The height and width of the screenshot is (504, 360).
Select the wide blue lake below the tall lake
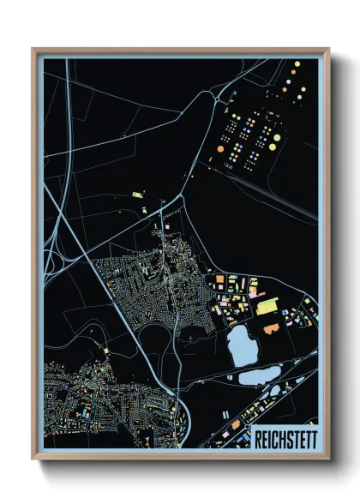[x=259, y=375]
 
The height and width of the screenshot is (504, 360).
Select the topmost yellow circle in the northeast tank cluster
[x=297, y=64]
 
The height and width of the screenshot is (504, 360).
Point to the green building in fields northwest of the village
[x=136, y=196]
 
